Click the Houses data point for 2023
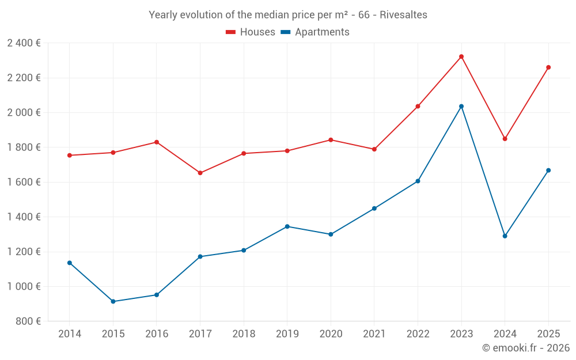[461, 56]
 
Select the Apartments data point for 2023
[461, 106]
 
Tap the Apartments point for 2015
[113, 301]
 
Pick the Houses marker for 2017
[200, 173]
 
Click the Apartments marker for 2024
[505, 236]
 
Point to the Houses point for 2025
[548, 67]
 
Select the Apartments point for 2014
[70, 263]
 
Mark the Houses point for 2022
[418, 106]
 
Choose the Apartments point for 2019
[287, 226]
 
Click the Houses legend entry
[251, 32]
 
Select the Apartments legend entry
[315, 32]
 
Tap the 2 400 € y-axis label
[24, 43]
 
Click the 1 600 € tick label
[24, 182]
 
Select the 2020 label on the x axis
[331, 334]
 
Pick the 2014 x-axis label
[70, 334]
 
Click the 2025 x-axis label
[548, 334]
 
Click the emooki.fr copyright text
[526, 348]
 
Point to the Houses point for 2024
[505, 139]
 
